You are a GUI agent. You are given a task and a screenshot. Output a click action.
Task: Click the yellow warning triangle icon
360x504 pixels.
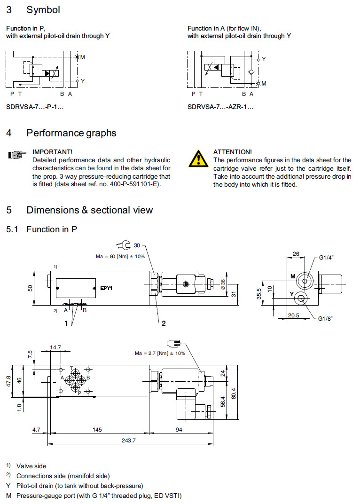[x=198, y=158]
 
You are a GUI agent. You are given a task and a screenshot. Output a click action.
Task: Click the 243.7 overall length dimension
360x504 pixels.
[x=128, y=441]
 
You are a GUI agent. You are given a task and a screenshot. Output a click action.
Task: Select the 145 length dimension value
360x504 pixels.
[x=98, y=430]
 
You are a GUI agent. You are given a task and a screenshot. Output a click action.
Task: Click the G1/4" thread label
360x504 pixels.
[x=326, y=257]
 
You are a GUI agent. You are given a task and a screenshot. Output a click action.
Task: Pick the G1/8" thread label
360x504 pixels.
[x=325, y=318]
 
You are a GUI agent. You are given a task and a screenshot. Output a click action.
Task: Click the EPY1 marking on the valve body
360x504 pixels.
[x=106, y=288]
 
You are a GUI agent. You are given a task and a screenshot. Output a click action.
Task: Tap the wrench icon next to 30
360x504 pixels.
[x=124, y=244]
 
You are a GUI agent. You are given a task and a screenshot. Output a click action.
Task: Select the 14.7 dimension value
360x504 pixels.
[x=55, y=347]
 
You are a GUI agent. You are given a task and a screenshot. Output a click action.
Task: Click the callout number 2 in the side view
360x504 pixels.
[x=164, y=323]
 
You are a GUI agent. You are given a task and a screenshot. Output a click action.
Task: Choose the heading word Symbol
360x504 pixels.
[x=43, y=9]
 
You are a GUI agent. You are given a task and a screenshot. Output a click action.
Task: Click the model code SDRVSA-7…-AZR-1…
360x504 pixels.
[x=220, y=107]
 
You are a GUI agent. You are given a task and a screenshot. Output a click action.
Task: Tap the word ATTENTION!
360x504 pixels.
[x=232, y=152]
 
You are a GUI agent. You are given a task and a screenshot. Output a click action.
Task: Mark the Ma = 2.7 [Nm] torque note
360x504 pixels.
[x=160, y=353]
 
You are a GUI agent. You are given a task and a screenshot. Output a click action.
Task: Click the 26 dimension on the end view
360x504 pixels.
[x=296, y=254]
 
